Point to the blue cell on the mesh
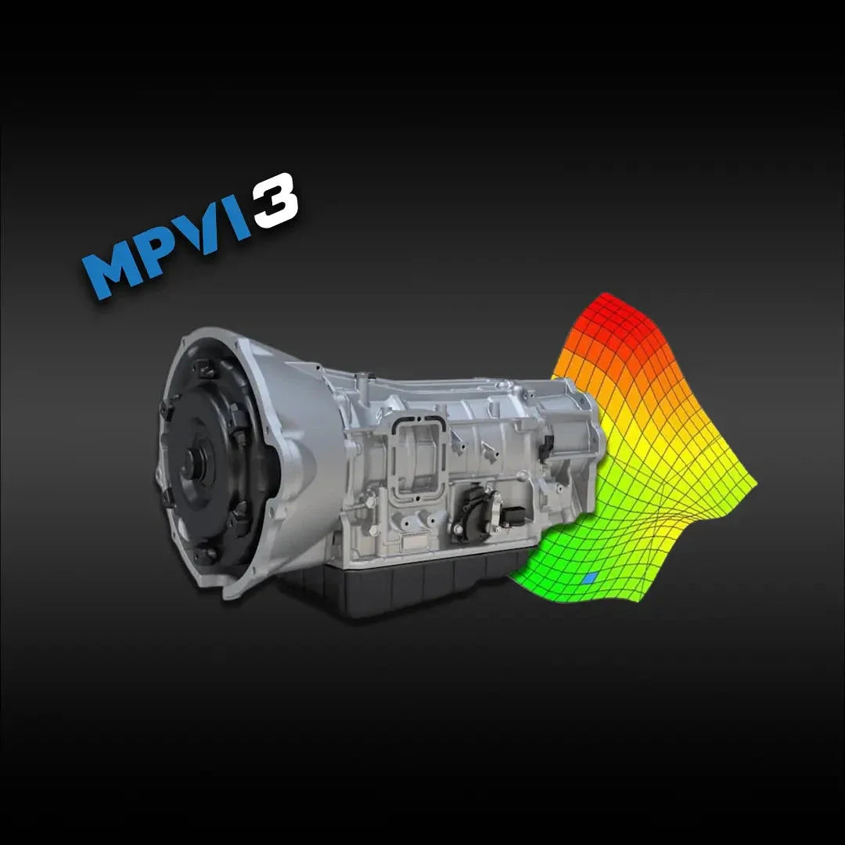click(x=590, y=577)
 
